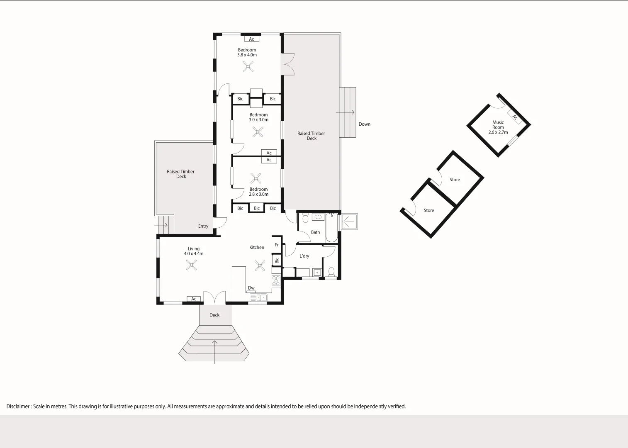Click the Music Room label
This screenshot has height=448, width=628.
pyautogui.click(x=498, y=125)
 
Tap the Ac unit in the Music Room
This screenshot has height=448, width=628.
pyautogui.click(x=514, y=117)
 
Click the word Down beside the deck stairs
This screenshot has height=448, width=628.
pyautogui.click(x=364, y=124)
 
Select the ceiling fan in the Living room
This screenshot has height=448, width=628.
pyautogui.click(x=191, y=265)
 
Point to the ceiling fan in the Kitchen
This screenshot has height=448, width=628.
pyautogui.click(x=260, y=265)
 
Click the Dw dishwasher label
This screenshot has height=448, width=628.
pyautogui.click(x=251, y=288)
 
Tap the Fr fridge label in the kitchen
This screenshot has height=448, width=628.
pyautogui.click(x=277, y=245)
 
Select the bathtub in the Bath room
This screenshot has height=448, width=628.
pyautogui.click(x=331, y=228)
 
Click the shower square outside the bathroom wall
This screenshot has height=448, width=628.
pyautogui.click(x=349, y=222)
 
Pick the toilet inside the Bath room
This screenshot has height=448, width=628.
pyautogui.click(x=305, y=218)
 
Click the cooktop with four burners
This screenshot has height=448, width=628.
pyautogui.click(x=276, y=281)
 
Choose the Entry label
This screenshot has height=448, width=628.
pyautogui.click(x=203, y=226)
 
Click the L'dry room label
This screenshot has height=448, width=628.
pyautogui.click(x=304, y=256)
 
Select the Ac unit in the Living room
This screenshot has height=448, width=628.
pyautogui.click(x=194, y=299)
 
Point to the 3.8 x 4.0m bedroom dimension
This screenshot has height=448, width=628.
pyautogui.click(x=247, y=55)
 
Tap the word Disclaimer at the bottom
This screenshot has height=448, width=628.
pyautogui.click(x=18, y=407)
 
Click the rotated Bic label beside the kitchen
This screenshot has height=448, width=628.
pyautogui.click(x=277, y=261)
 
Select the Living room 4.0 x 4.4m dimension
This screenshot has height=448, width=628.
pyautogui.click(x=194, y=253)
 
